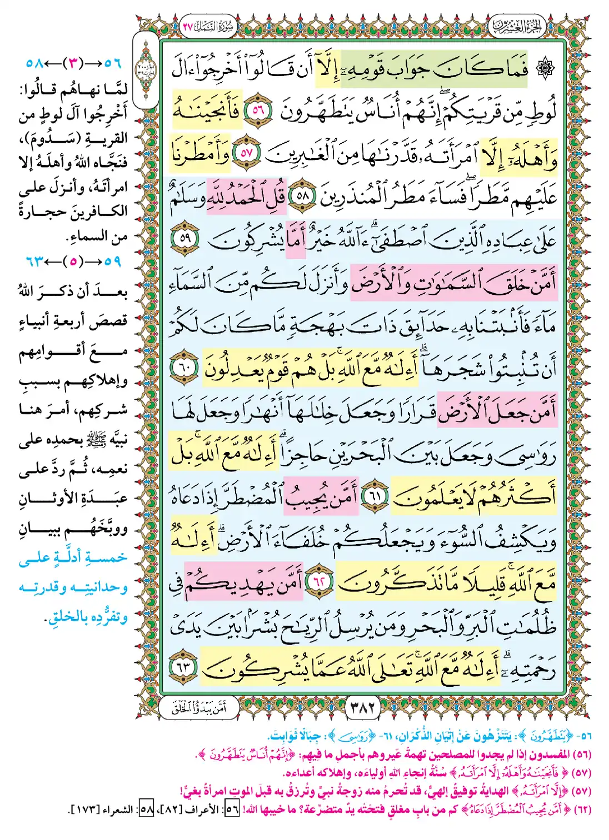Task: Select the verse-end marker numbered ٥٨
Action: tap(302, 196)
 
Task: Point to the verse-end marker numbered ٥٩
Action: tap(184, 239)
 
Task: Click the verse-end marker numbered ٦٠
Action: tap(184, 368)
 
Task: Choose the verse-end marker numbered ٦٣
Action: tap(184, 667)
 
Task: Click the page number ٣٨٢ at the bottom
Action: tap(363, 707)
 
